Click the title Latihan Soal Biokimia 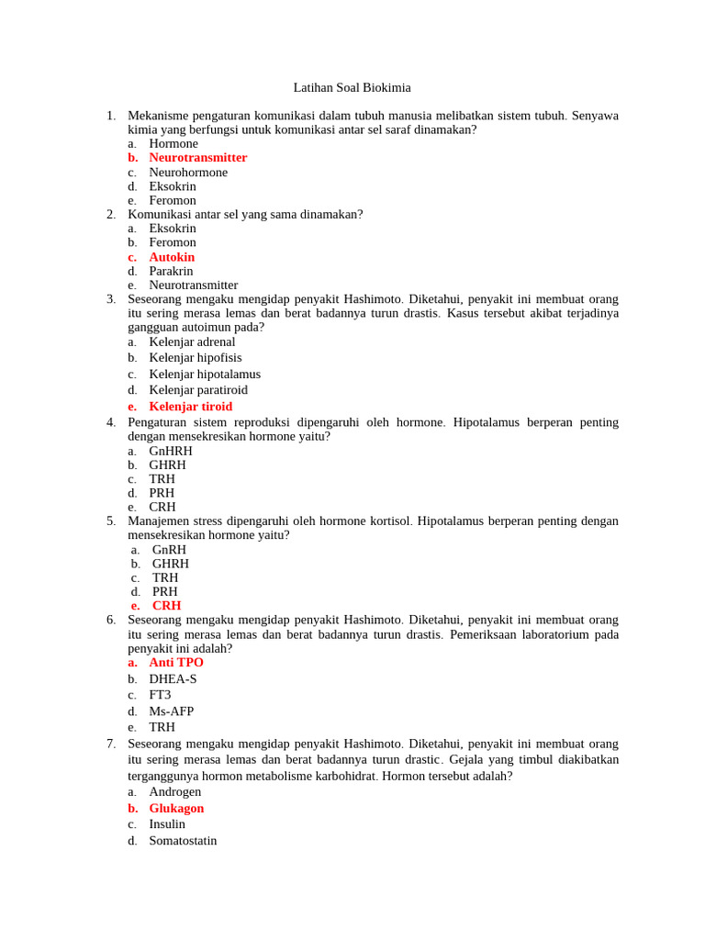[352, 87]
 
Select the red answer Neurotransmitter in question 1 [197, 158]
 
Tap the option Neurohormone [188, 173]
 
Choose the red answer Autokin [172, 257]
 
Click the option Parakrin [171, 271]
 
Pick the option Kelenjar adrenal [192, 342]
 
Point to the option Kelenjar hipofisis [196, 358]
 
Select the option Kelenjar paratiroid [198, 390]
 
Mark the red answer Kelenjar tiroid [190, 407]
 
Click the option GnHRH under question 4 [171, 451]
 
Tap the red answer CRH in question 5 [166, 606]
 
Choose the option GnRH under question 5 [169, 550]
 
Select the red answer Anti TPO [176, 663]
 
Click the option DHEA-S [173, 679]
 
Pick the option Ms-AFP [172, 711]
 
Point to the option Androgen [174, 792]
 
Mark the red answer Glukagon [176, 809]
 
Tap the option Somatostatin [183, 841]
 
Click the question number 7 [111, 744]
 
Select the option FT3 [160, 695]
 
